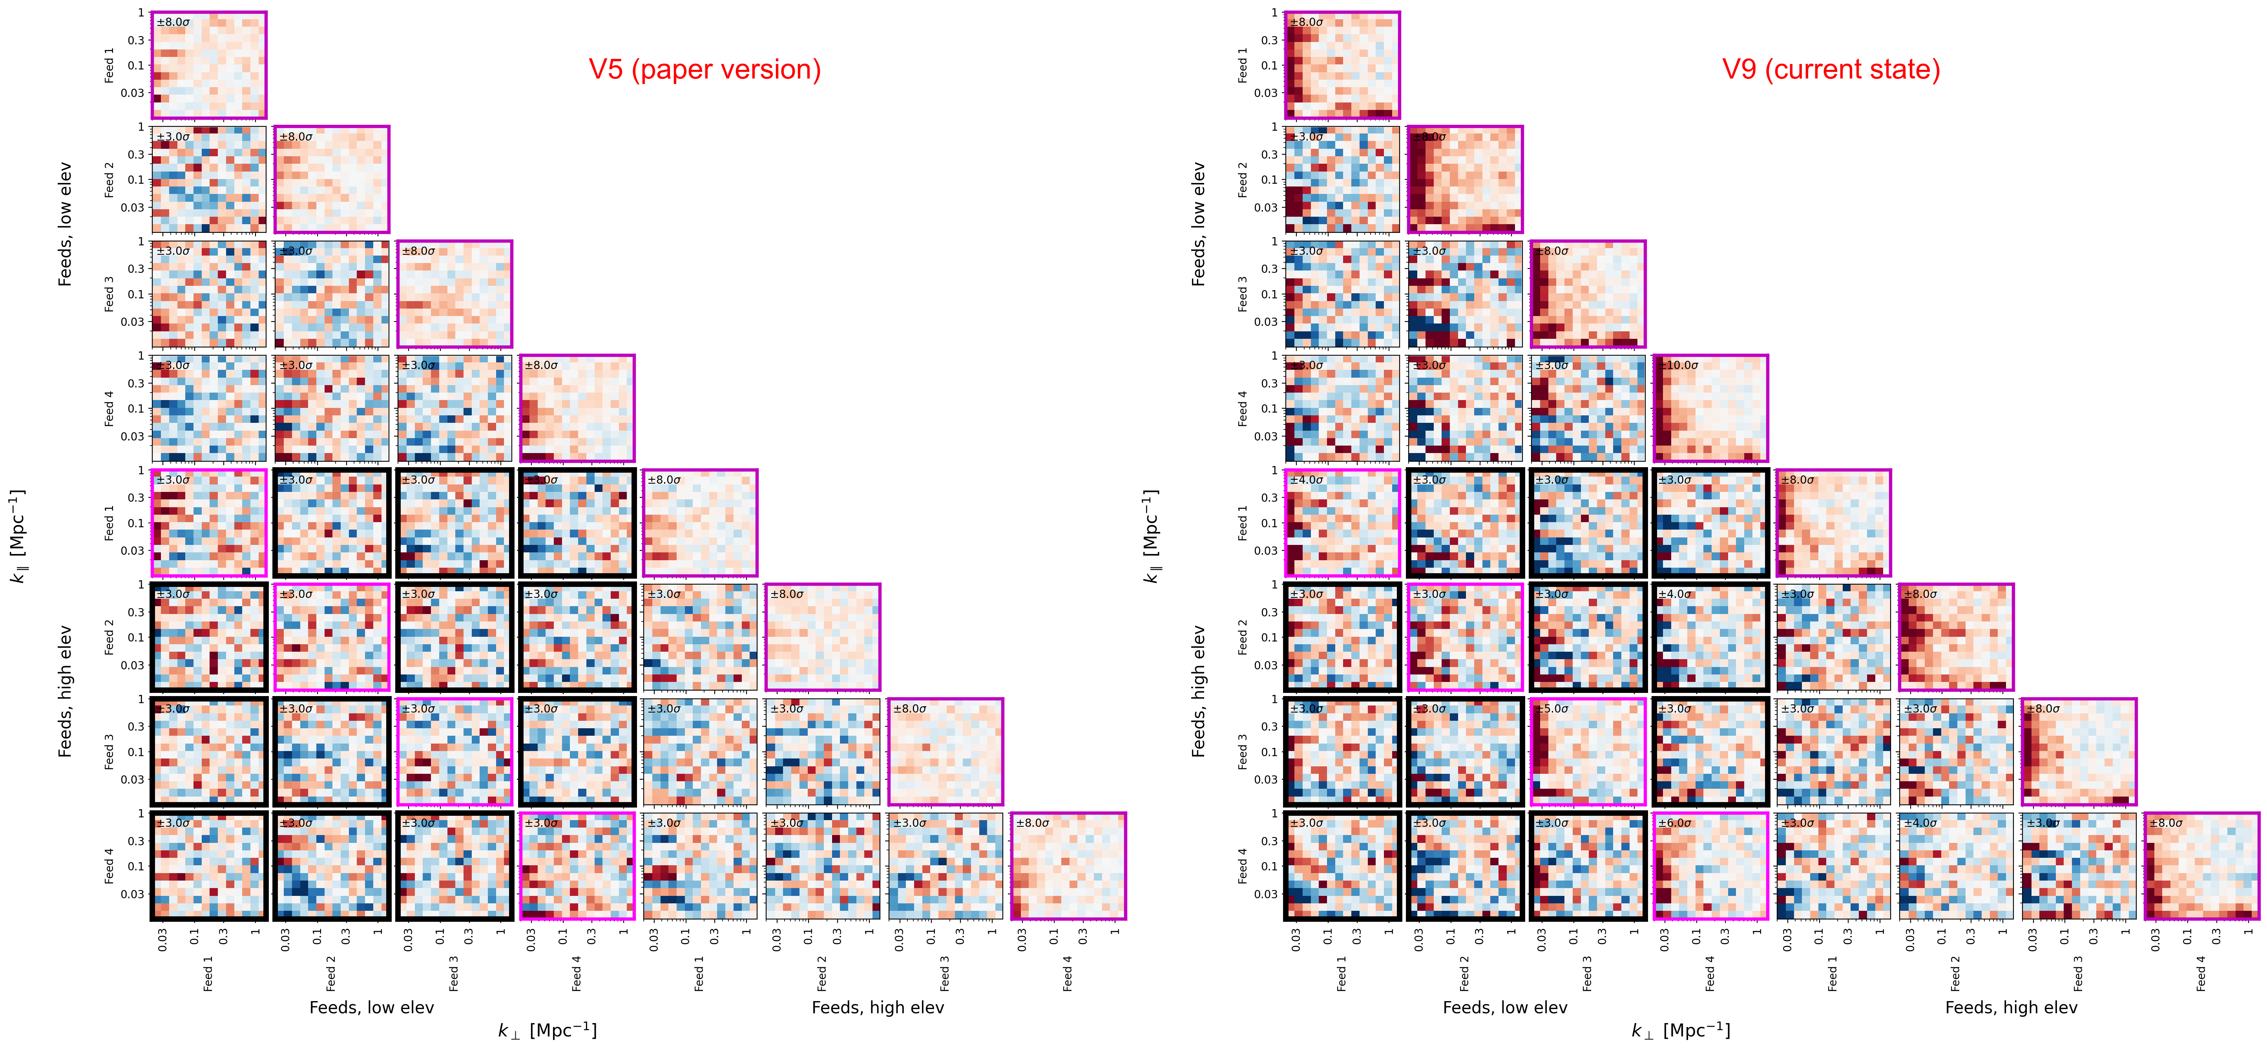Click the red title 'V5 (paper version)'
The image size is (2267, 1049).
point(704,69)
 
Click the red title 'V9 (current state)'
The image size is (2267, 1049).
point(1831,69)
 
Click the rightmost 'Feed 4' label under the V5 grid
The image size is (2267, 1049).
point(1068,973)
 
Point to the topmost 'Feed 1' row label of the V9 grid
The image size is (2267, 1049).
point(1243,65)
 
